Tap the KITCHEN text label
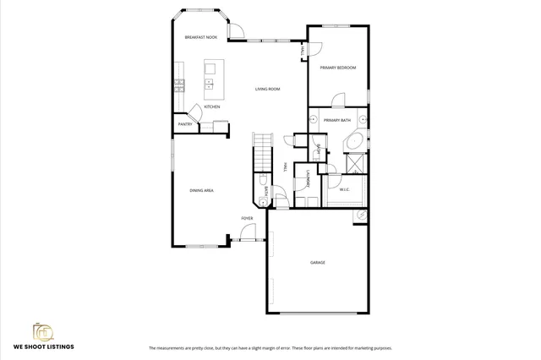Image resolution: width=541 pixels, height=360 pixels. coord(212,106)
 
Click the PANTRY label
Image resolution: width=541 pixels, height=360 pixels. coord(185,125)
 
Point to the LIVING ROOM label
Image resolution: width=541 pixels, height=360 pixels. coord(268,89)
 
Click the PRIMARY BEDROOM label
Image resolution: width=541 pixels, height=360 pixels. coord(337,67)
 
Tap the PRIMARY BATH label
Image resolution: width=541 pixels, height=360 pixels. coord(336,121)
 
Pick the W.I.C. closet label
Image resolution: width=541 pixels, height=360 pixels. coord(345,189)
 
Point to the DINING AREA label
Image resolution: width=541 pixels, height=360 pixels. coord(201,191)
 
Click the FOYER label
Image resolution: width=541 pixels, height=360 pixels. coord(248,218)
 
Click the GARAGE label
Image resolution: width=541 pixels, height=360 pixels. coord(317,263)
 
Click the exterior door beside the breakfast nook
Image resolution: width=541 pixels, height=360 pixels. coord(238,31)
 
